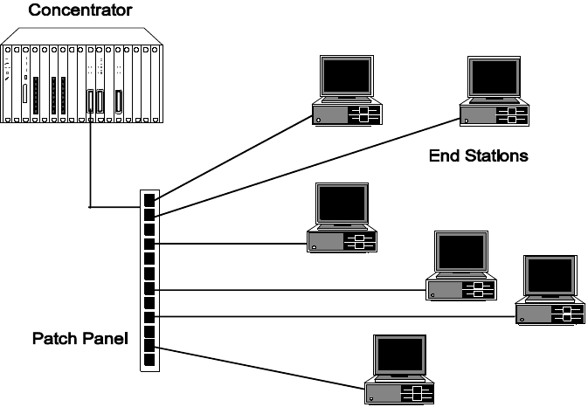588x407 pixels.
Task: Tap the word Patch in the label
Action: (x=54, y=337)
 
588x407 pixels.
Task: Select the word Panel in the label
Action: (x=103, y=337)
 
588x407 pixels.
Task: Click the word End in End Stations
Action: (x=443, y=157)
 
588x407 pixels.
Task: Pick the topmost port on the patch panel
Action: (x=149, y=198)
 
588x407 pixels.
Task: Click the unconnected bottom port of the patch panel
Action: (x=149, y=359)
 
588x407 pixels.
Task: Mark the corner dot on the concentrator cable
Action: (x=90, y=207)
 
